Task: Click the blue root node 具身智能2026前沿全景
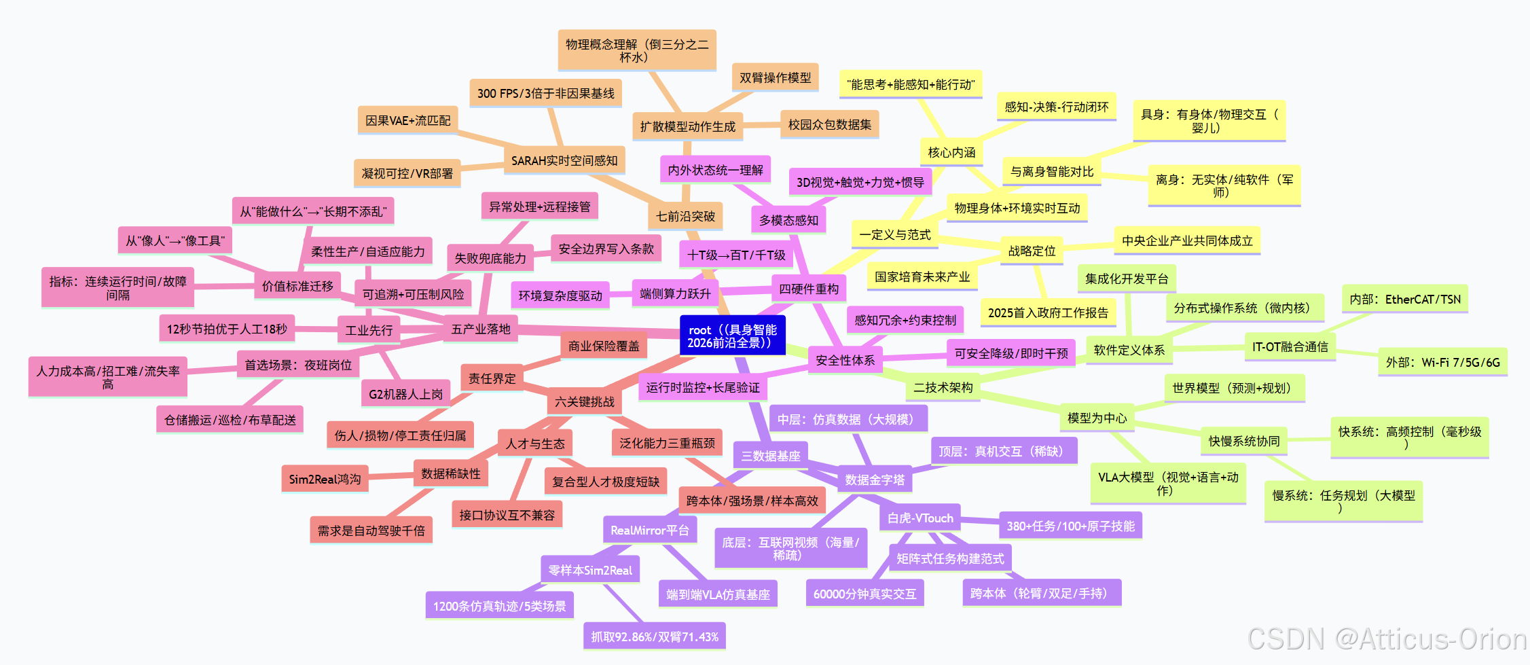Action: [732, 336]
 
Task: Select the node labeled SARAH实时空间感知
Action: [564, 161]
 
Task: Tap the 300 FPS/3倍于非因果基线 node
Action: [545, 94]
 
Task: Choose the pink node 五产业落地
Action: [481, 329]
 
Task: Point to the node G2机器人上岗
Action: [405, 394]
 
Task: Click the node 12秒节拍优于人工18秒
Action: [227, 329]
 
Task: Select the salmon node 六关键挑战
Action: [584, 402]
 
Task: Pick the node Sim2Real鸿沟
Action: [325, 480]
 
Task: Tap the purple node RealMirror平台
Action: [649, 531]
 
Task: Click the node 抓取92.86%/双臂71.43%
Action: [654, 637]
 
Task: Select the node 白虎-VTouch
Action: [920, 518]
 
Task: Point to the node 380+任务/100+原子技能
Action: [1070, 526]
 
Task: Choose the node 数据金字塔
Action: [875, 480]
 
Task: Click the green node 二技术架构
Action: [943, 388]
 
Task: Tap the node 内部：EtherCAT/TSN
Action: [1404, 300]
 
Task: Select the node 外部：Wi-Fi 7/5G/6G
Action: [1442, 363]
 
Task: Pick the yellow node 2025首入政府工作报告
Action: [1048, 313]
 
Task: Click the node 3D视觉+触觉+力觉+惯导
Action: [860, 183]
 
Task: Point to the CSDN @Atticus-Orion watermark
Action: [1387, 639]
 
